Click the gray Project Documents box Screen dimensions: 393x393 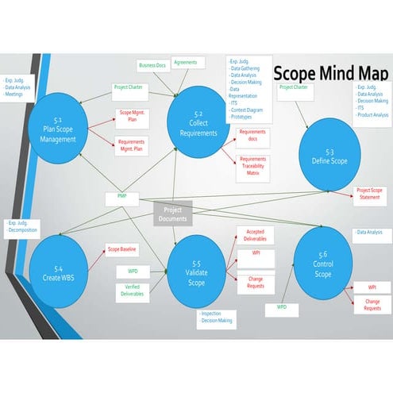(x=173, y=214)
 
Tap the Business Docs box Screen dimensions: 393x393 (x=152, y=66)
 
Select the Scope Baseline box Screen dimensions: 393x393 (x=122, y=250)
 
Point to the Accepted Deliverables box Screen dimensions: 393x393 (x=256, y=236)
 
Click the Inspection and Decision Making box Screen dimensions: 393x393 (x=217, y=318)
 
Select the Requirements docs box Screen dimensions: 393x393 (x=252, y=136)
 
